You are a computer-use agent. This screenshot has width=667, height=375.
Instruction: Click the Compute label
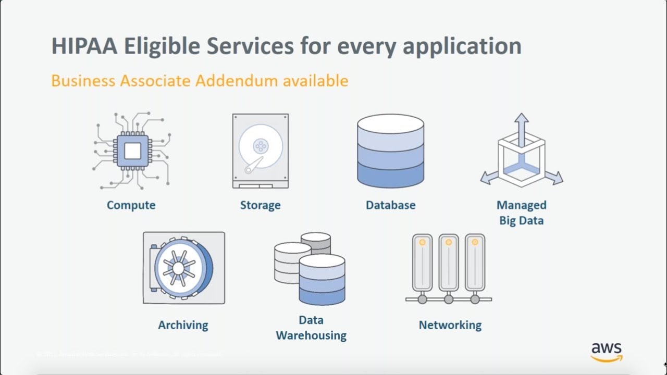point(131,205)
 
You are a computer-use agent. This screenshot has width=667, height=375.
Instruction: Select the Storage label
point(260,205)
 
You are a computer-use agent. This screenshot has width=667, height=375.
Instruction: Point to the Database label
point(390,205)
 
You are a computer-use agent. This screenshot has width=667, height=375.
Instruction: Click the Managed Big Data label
point(521,213)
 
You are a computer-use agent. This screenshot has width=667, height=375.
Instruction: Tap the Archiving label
point(183,325)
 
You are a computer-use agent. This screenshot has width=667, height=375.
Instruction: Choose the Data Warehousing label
point(311,328)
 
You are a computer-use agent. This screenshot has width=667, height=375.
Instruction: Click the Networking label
point(450,325)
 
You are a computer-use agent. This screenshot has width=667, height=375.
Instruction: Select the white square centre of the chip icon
point(132,151)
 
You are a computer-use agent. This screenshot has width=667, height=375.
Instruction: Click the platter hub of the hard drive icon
point(260,146)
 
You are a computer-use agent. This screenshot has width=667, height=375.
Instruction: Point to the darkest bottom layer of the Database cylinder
point(390,175)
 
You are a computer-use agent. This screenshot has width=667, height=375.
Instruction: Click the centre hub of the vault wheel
point(178,268)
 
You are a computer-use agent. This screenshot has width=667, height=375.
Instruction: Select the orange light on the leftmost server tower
point(422,242)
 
